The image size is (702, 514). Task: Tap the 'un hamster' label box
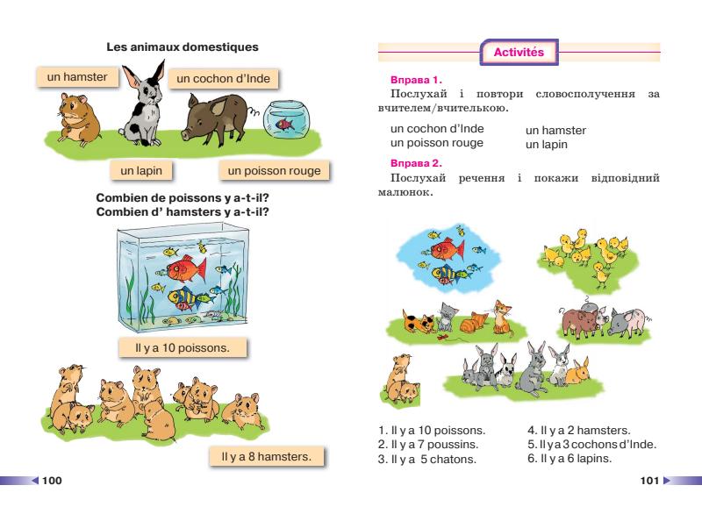coord(77,77)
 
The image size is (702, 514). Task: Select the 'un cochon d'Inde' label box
coord(223,79)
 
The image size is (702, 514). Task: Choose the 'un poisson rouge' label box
coord(274,170)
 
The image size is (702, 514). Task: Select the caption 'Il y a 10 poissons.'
coord(183,348)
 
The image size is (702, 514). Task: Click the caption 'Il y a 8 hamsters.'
coord(267,456)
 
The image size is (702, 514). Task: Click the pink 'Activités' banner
coord(519,53)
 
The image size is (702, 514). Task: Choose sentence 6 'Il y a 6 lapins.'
coord(576,458)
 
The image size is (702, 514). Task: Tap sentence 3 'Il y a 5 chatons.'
coord(427,459)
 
